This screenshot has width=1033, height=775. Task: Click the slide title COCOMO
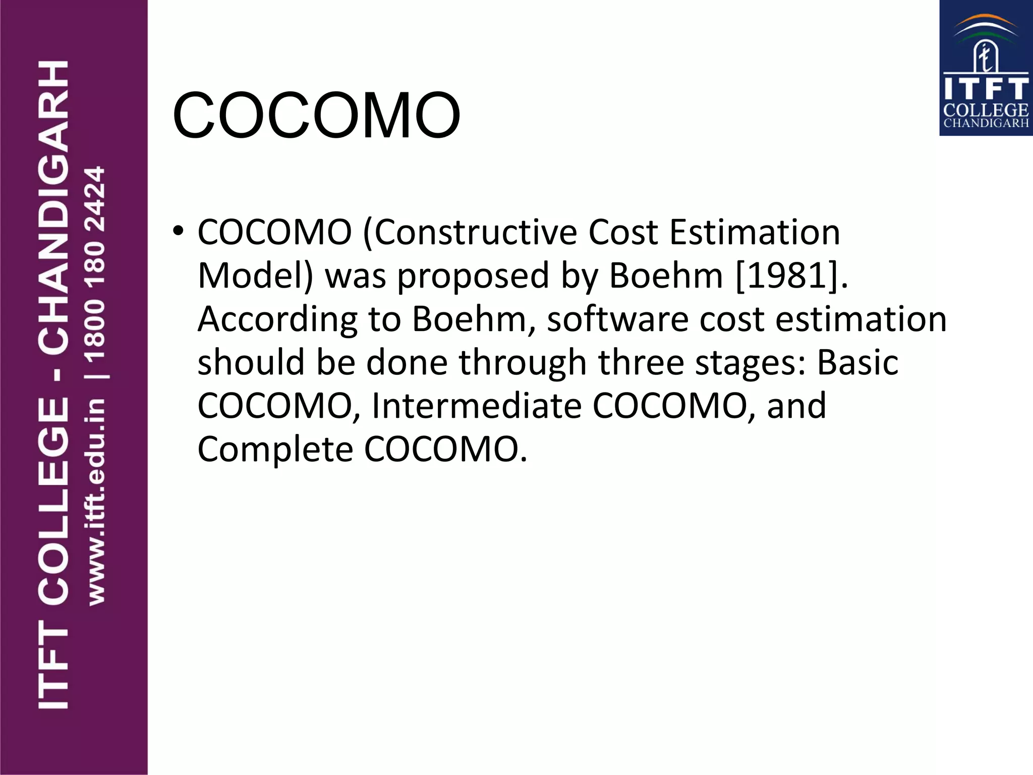coord(316,115)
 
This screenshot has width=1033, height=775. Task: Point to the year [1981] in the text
coord(788,276)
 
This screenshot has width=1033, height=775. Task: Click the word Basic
coord(857,363)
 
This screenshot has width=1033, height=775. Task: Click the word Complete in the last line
coord(275,450)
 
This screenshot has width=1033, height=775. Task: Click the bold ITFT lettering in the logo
coord(986,89)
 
